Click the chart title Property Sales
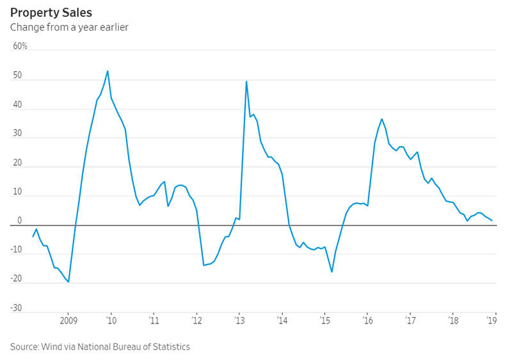click(x=51, y=12)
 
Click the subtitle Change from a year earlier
click(x=69, y=28)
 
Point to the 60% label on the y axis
click(x=20, y=47)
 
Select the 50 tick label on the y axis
click(x=17, y=76)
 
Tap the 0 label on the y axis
click(x=19, y=220)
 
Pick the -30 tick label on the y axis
click(x=16, y=308)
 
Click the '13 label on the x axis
click(x=239, y=320)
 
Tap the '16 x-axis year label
click(x=367, y=320)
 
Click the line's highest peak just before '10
click(x=108, y=71)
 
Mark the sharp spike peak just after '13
click(x=246, y=81)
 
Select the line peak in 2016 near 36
click(x=382, y=119)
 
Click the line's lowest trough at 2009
click(x=68, y=282)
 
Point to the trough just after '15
click(x=332, y=272)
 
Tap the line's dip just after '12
click(x=204, y=265)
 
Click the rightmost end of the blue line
click(x=492, y=221)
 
